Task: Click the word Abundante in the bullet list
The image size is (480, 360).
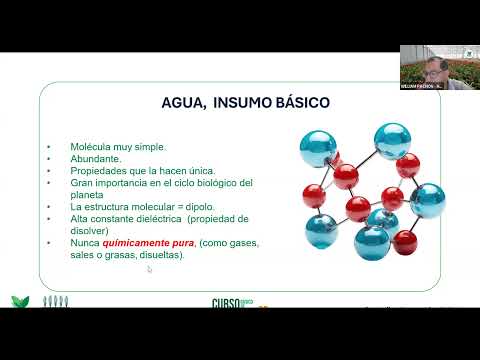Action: (96, 158)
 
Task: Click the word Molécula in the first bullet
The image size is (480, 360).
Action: (90, 146)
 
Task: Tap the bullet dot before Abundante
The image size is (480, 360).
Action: (48, 158)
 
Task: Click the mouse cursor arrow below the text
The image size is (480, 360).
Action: (150, 269)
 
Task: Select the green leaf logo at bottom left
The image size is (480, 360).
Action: (19, 301)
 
